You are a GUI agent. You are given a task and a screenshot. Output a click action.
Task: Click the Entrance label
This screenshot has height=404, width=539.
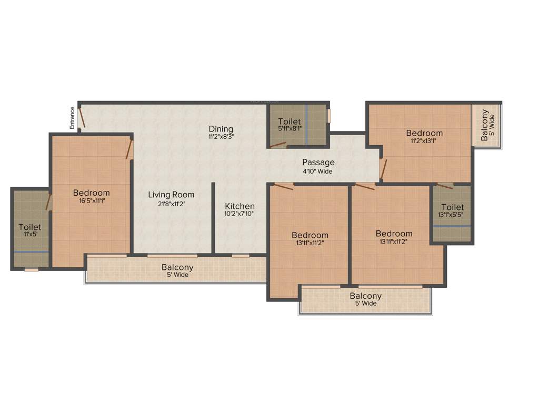72,118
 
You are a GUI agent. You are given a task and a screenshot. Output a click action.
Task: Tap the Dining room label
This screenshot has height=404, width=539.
221,129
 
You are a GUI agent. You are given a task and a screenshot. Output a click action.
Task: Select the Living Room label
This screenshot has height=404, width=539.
171,195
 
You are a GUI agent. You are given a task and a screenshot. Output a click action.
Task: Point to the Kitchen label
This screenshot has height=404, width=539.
239,206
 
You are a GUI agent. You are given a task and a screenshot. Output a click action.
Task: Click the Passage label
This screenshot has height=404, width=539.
318,163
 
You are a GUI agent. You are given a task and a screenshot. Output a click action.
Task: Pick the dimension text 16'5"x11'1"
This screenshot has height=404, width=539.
91,201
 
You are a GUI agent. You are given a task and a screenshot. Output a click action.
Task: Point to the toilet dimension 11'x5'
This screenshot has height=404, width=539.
29,235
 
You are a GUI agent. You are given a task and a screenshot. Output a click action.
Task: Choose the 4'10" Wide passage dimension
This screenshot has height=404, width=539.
318,171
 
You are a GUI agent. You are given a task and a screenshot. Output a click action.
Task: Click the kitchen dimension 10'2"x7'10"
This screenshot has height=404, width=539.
239,214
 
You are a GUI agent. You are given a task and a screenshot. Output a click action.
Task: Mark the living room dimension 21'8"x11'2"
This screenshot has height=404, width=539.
171,203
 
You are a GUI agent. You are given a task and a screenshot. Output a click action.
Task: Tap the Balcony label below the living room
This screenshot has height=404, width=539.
177,267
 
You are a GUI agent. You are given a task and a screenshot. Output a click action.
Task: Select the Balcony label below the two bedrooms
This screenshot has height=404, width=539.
365,296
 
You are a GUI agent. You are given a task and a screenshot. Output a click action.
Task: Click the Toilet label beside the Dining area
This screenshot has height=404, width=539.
290,122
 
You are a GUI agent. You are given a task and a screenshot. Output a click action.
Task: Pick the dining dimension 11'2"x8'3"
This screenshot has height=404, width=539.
221,137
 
